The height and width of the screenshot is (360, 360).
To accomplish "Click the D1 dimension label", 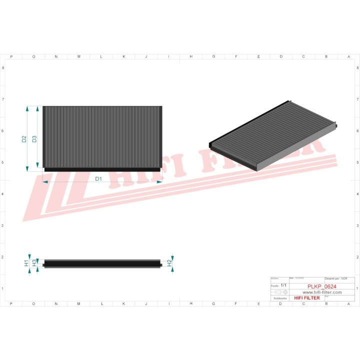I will pos(98,178).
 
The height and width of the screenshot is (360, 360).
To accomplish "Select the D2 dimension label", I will pos(24,139).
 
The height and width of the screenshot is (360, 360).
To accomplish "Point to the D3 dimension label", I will pos(34,139).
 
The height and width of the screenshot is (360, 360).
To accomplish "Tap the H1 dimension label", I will pos(26,263).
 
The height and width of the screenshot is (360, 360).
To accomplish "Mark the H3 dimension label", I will pos(34,262).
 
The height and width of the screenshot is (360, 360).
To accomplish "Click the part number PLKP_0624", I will pos(321,286).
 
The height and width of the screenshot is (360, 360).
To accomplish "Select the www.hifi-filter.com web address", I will pos(321,292).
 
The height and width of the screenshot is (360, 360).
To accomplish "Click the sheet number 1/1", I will pos(283,285).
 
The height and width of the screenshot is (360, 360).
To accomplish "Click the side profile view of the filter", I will pos(102,263).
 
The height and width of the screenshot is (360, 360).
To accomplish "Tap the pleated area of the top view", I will pos(102,136).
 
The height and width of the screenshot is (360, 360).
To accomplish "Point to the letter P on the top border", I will pos(11,56).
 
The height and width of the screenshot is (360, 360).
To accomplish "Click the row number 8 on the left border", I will pos(3,68).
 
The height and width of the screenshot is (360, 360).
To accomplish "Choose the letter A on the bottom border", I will pos(348,303).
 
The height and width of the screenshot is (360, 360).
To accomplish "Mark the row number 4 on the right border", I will pos(356,194).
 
